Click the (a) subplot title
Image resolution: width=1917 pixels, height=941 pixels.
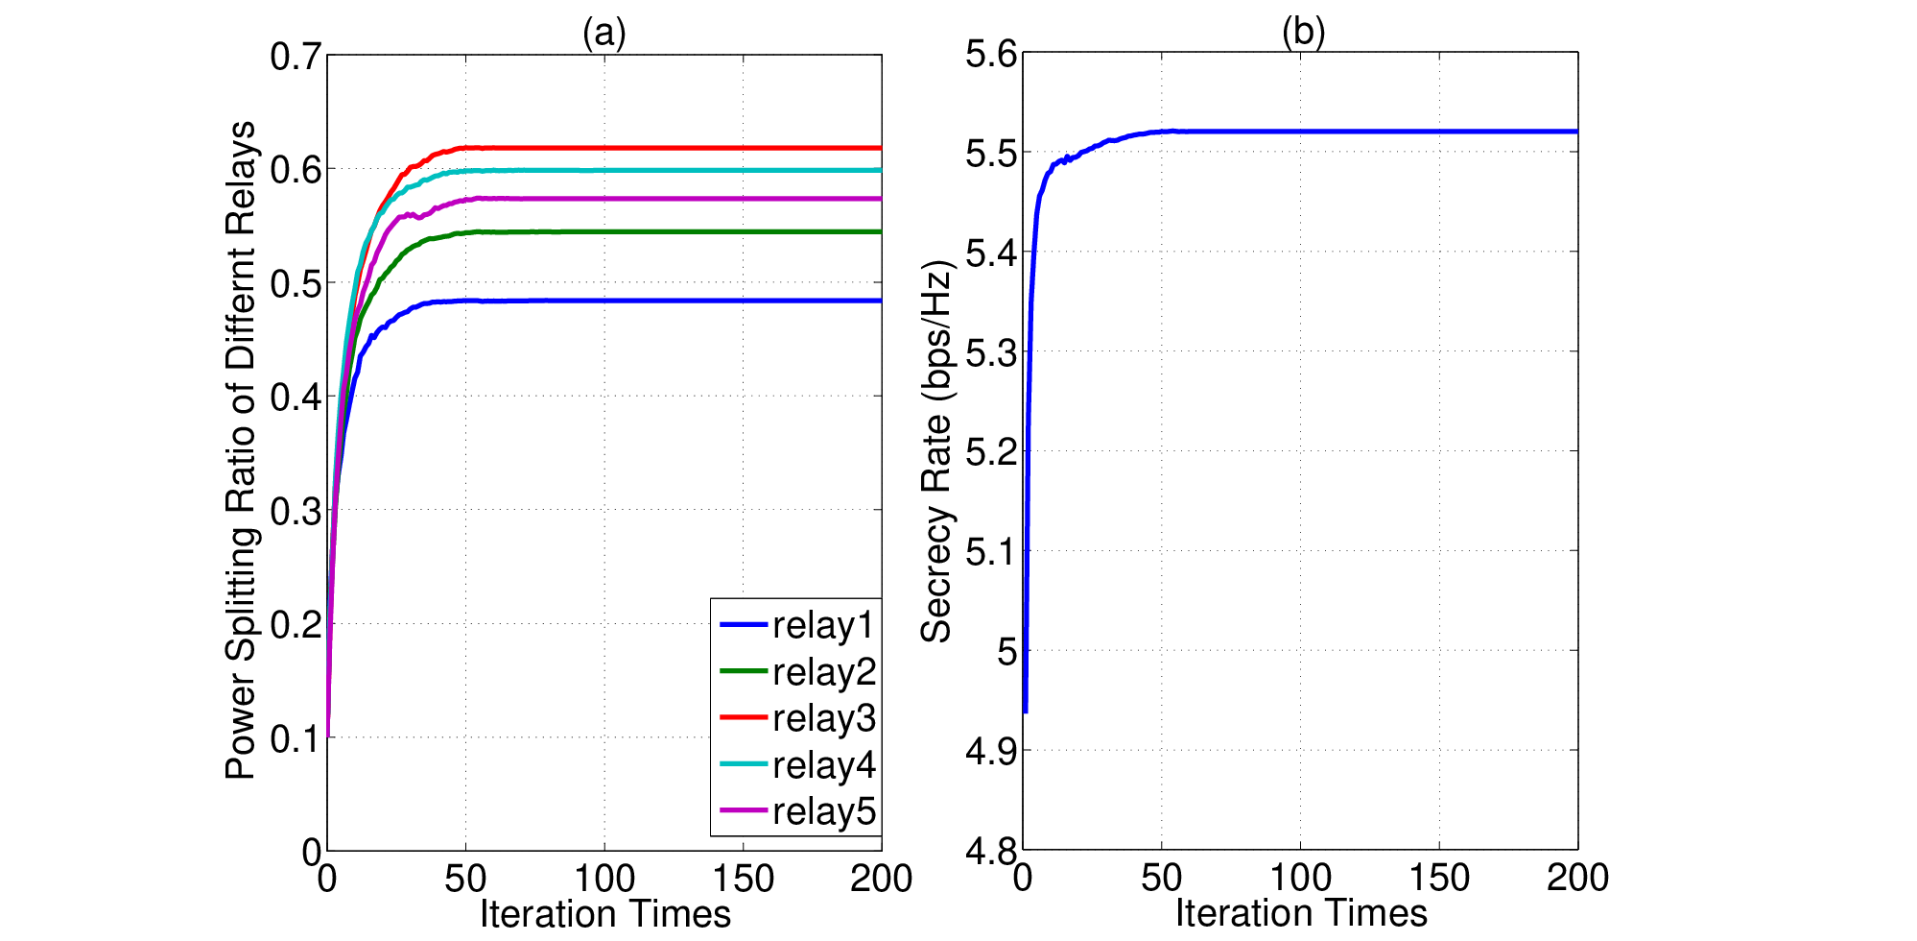(604, 33)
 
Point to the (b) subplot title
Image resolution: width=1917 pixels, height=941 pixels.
(1303, 32)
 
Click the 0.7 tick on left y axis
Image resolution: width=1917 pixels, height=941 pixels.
(296, 57)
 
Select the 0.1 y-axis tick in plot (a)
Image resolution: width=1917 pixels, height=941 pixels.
(296, 738)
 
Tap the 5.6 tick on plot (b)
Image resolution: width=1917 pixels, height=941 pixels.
(991, 54)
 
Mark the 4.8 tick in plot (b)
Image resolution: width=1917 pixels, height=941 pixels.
(991, 850)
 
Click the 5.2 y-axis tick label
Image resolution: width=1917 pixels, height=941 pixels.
(991, 451)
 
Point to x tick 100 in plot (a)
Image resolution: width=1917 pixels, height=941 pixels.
(604, 879)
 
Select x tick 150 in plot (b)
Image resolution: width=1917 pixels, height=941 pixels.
(1439, 878)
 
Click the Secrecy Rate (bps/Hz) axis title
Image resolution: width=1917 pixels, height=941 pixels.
(935, 451)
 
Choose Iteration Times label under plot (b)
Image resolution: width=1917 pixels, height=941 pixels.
(1302, 913)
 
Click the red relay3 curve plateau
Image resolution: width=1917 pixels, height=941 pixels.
(672, 148)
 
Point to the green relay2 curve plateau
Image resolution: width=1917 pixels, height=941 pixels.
(672, 231)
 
